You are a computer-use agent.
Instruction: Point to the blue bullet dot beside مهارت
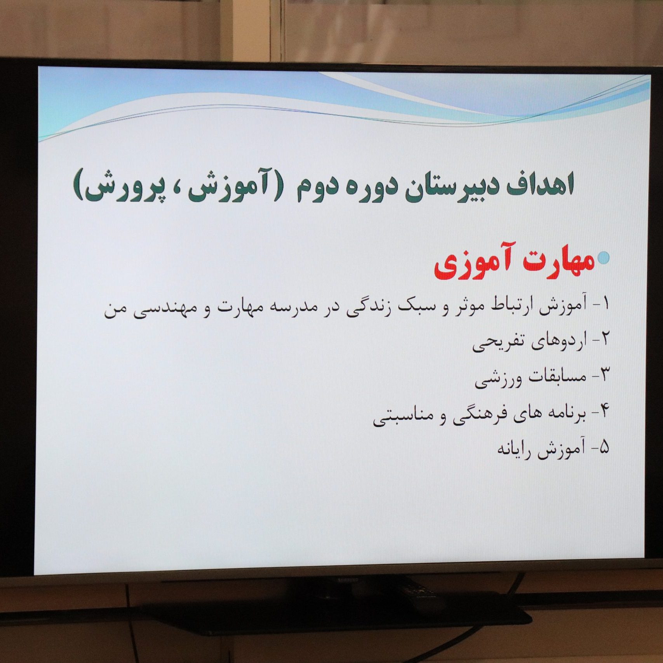[x=604, y=258]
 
